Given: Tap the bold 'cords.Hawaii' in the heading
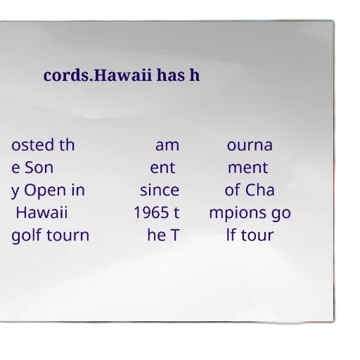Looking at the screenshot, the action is (98, 75).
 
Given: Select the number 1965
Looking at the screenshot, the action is (151, 212).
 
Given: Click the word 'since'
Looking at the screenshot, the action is (160, 190).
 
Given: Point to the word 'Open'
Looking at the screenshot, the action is (45, 191).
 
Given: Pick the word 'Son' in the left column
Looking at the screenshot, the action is (39, 167).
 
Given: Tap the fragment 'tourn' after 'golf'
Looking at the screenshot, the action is (68, 236).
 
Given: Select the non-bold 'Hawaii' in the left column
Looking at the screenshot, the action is (41, 212).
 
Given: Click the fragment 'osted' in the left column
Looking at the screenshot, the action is (32, 145).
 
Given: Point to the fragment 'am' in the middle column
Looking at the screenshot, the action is (167, 146).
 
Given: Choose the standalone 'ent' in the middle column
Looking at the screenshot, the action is (162, 168).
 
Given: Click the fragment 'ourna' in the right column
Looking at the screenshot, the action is (250, 146).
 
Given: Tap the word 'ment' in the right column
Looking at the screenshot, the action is (248, 168).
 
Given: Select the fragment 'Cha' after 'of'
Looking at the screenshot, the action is (259, 190).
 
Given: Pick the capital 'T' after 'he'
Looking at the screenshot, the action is (175, 236).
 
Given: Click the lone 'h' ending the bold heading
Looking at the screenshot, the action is (195, 75).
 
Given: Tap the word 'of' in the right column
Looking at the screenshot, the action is (233, 190).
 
